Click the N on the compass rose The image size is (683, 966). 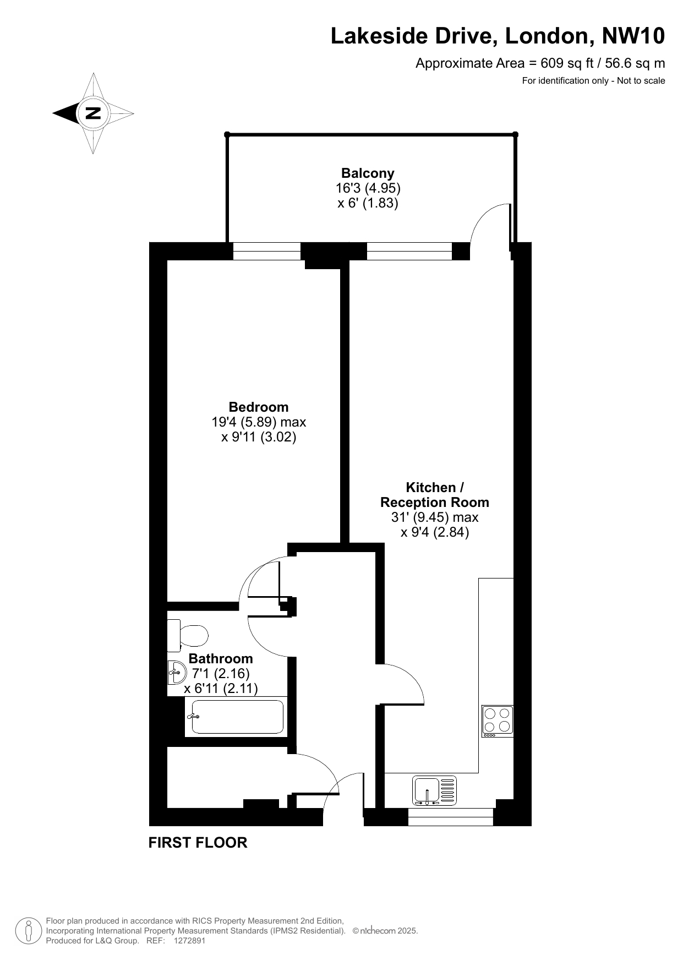(92, 113)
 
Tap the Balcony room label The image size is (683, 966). (368, 173)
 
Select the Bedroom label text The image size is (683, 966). (259, 407)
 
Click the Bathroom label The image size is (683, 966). (221, 658)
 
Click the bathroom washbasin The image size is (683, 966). (176, 672)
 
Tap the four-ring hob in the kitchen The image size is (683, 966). (498, 721)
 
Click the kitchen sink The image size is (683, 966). (435, 790)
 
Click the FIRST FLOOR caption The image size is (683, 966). (198, 843)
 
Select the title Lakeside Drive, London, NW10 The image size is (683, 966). (498, 36)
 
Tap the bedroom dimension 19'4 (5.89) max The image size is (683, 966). (259, 422)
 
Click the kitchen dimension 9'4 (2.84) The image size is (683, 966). (435, 532)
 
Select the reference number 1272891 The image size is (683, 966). (189, 941)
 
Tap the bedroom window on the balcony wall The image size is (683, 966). (267, 251)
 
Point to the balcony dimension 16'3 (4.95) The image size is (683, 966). (368, 188)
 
